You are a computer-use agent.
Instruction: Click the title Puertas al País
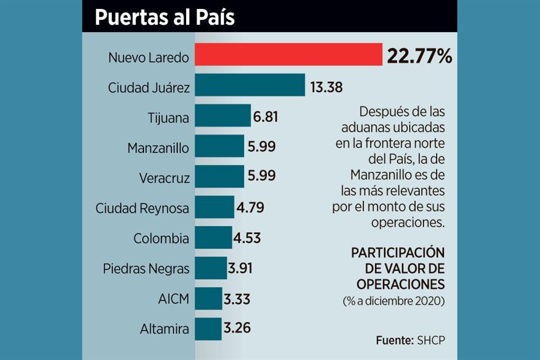pyautogui.click(x=164, y=17)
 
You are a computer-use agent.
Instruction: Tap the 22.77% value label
pyautogui.click(x=419, y=56)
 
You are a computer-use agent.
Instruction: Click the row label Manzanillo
pyautogui.click(x=158, y=148)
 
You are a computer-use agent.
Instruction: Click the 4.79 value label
pyautogui.click(x=250, y=208)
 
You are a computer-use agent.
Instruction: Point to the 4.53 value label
pyautogui.click(x=247, y=238)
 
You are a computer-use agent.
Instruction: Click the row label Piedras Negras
pyautogui.click(x=146, y=268)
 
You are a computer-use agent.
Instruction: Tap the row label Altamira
pyautogui.click(x=166, y=328)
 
